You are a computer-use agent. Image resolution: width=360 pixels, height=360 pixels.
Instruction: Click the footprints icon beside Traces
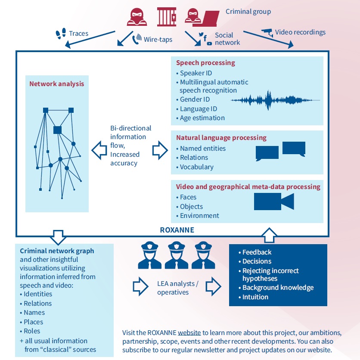point(61,33)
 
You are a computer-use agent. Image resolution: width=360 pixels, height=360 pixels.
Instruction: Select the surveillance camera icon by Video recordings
point(267,31)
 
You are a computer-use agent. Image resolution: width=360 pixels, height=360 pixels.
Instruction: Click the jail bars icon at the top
point(167,17)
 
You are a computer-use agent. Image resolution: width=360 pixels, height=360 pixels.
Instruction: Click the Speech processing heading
point(205,63)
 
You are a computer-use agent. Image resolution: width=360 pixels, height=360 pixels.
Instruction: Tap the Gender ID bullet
point(195,99)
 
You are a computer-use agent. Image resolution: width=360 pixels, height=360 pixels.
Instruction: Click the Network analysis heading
point(56,84)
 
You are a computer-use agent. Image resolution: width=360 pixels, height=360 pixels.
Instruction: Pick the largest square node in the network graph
point(58,130)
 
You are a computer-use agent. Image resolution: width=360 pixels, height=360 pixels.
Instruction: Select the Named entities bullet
point(202,148)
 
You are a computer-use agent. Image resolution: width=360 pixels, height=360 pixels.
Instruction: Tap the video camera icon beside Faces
point(273,202)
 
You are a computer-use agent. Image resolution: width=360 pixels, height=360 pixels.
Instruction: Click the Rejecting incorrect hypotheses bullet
point(270,275)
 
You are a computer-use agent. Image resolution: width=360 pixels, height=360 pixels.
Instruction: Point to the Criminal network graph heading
point(57,251)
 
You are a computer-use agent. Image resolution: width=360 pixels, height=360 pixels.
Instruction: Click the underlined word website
point(189,332)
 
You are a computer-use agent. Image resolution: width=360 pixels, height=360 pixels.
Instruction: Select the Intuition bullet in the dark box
point(255,297)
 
